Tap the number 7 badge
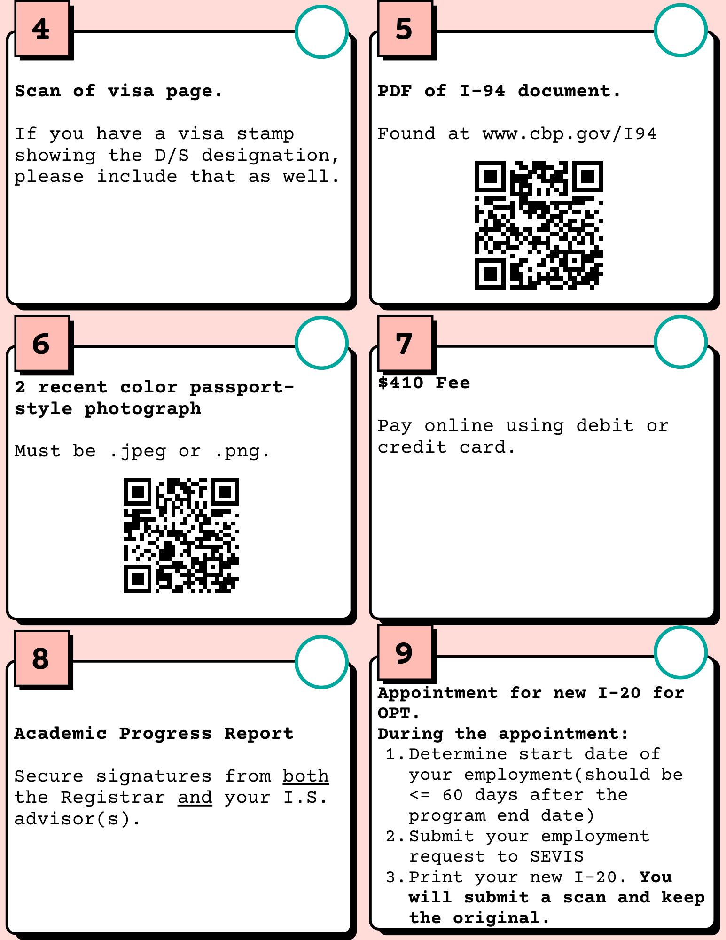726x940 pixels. tap(405, 343)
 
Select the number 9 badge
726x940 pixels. tap(405, 652)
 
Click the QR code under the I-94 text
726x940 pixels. tap(539, 225)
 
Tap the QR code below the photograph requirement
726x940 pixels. tap(181, 535)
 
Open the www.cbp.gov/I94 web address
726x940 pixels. tap(570, 134)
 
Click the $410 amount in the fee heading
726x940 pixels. tap(400, 383)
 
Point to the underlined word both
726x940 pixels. tap(305, 776)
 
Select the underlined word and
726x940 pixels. tap(195, 798)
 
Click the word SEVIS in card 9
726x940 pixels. tap(557, 856)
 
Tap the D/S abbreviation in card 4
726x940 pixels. tap(172, 155)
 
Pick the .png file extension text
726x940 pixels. tap(242, 451)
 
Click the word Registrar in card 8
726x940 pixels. tap(113, 798)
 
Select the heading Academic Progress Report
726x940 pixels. tap(154, 733)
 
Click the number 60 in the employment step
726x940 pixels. tap(453, 795)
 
